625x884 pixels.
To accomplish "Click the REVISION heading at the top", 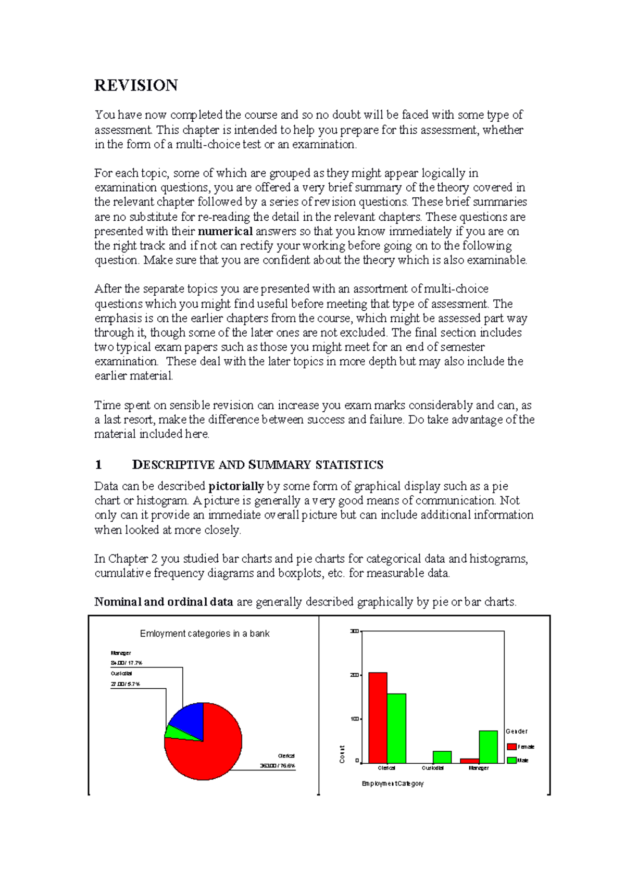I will pyautogui.click(x=136, y=85).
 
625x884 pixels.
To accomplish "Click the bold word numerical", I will pyautogui.click(x=226, y=231).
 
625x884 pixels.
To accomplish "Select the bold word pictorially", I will pyautogui.click(x=236, y=486).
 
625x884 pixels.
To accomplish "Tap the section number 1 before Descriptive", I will pyautogui.click(x=98, y=464).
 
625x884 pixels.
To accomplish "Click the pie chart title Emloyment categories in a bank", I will pyautogui.click(x=205, y=634).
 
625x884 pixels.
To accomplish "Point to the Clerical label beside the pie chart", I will pyautogui.click(x=286, y=756).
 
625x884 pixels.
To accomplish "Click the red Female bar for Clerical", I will pyautogui.click(x=378, y=718).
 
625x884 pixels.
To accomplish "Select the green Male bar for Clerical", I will pyautogui.click(x=396, y=729).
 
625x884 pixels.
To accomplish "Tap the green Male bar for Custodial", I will pyautogui.click(x=442, y=757).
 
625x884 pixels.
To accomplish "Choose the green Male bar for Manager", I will pyautogui.click(x=488, y=747).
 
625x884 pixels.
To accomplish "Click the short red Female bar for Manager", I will pyautogui.click(x=469, y=761).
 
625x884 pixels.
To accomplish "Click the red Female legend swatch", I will pyautogui.click(x=511, y=747).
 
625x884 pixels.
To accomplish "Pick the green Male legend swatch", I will pyautogui.click(x=511, y=760).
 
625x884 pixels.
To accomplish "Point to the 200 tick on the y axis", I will pyautogui.click(x=354, y=675).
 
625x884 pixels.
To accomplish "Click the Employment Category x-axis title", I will pyautogui.click(x=393, y=784).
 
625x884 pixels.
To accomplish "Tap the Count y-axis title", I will pyautogui.click(x=342, y=754).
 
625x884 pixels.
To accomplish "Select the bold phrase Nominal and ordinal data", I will pyautogui.click(x=164, y=602).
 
